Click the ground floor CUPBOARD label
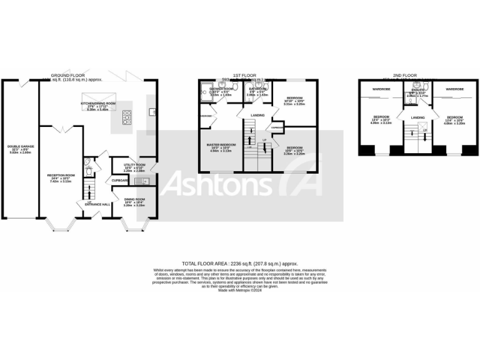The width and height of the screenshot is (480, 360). [x=121, y=181]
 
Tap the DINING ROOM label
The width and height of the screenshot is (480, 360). [x=134, y=201]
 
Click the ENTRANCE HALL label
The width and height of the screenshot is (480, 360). [x=98, y=204]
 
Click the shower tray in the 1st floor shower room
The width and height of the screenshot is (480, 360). [x=206, y=94]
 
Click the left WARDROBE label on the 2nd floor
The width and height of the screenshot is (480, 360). [x=381, y=90]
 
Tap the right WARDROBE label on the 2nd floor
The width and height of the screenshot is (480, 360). [x=454, y=90]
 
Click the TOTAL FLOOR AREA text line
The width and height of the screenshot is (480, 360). [x=240, y=264]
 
